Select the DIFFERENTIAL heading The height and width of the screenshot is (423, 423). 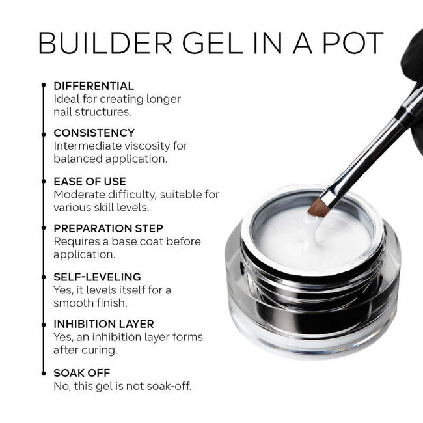click(94, 86)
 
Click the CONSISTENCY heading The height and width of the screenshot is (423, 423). click(94, 133)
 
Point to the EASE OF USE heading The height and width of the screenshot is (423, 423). click(90, 181)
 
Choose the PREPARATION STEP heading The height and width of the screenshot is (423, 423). click(108, 228)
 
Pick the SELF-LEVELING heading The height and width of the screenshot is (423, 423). click(97, 277)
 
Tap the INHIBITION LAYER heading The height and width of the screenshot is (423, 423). click(103, 324)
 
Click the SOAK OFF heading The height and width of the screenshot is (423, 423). click(81, 372)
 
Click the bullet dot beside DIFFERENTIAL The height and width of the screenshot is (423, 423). click(44, 85)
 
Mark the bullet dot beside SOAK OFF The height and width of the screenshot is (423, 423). click(44, 372)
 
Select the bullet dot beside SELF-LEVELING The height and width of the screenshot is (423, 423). click(44, 277)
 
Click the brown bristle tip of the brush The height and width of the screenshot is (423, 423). click(318, 208)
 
